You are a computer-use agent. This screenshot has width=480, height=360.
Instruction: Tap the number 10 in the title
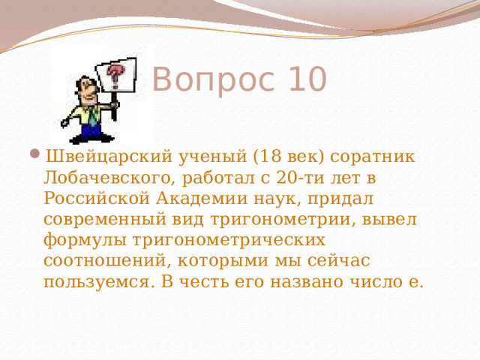tap(305, 79)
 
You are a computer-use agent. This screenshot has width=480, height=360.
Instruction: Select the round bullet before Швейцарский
tap(37, 156)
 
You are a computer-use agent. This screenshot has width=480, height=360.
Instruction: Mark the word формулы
tap(78, 241)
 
